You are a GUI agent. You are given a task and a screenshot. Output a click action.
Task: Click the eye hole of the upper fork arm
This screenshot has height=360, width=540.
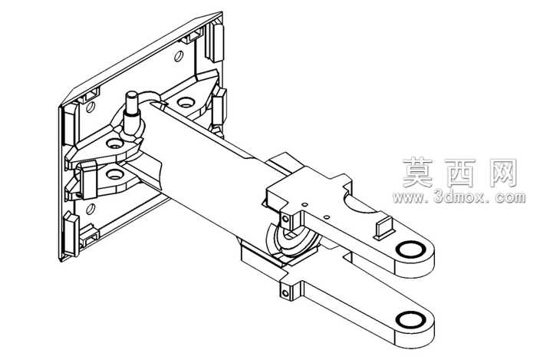410,249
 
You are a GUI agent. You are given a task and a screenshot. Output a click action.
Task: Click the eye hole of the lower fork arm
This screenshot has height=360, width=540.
410,319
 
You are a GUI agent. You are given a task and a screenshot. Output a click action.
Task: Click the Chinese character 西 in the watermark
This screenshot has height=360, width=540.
460,173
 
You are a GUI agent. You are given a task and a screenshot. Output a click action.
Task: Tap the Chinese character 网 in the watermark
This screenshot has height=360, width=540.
503,173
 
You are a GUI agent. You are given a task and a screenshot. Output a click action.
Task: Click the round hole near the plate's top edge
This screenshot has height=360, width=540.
179,56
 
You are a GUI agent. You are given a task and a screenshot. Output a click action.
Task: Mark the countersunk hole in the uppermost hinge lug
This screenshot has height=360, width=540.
186,102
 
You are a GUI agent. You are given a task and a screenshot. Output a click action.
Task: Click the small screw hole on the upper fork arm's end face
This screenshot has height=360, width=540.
285,219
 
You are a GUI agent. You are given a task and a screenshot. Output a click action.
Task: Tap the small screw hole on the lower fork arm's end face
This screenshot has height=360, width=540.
285,293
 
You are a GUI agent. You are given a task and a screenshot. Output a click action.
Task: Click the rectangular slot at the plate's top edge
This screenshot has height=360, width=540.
193,36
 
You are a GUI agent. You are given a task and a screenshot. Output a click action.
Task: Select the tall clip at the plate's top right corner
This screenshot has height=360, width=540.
216,41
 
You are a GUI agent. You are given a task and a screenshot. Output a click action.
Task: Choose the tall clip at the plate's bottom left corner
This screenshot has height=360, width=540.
71,234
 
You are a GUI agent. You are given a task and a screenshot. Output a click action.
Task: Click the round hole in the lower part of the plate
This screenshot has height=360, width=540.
91,209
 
